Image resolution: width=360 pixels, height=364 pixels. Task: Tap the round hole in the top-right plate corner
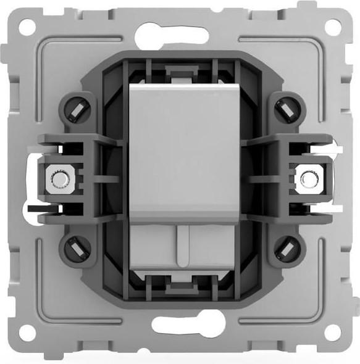click(x=332, y=27)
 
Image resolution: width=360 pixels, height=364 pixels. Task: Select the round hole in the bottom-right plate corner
click(x=332, y=333)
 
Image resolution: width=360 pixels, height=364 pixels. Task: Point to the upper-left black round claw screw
click(x=76, y=110)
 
